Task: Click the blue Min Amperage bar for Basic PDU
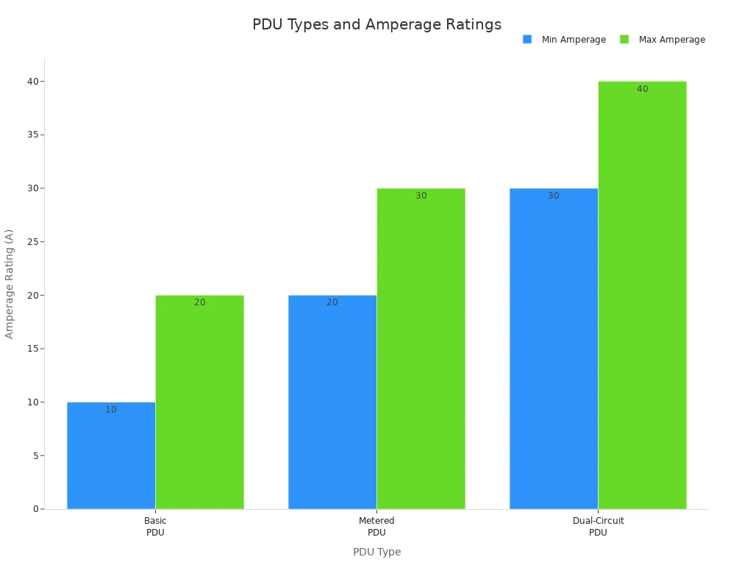tap(111, 455)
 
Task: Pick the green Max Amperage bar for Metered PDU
tap(421, 349)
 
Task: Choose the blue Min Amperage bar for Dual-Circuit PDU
tap(554, 349)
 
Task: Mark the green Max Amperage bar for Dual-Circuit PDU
tap(642, 295)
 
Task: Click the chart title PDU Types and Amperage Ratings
tap(376, 24)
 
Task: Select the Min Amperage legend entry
tap(565, 40)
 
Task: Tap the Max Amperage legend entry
tap(663, 40)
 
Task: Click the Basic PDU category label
tap(155, 527)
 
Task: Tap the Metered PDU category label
tap(376, 527)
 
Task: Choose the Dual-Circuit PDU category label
tap(598, 527)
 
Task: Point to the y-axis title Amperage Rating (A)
tap(10, 284)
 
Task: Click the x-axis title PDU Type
tap(376, 552)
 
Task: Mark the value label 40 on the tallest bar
tap(642, 89)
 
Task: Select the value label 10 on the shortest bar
tap(111, 410)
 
